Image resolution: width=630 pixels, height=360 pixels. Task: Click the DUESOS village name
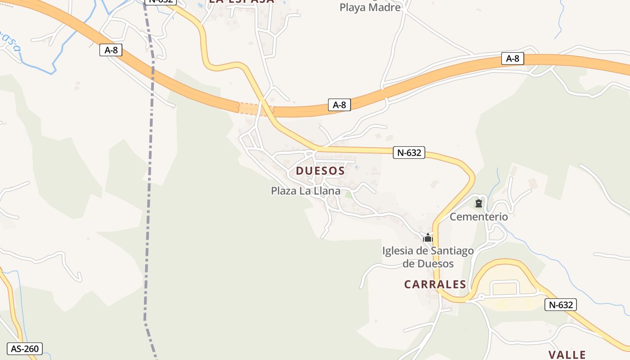click(x=320, y=171)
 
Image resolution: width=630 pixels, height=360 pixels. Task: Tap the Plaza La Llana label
click(x=305, y=191)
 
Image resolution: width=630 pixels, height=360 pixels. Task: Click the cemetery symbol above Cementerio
click(x=478, y=204)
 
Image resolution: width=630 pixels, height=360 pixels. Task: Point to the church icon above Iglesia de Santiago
click(x=427, y=237)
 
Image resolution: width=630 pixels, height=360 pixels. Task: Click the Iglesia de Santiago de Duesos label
click(x=427, y=257)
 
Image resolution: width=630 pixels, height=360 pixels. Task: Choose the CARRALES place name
click(x=435, y=284)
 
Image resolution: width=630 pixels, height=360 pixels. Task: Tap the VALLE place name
click(x=567, y=355)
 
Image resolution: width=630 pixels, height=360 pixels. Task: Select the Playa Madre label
click(x=370, y=7)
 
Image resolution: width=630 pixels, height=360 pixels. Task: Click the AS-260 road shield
click(x=25, y=348)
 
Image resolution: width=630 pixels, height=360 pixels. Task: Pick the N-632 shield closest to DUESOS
click(x=409, y=153)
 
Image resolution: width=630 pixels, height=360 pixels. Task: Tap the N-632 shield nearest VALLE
click(x=560, y=305)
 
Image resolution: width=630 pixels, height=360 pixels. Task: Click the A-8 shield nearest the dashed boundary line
click(x=111, y=50)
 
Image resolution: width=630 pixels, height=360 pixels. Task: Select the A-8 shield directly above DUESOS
click(x=339, y=105)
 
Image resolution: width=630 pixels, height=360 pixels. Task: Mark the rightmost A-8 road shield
click(x=513, y=58)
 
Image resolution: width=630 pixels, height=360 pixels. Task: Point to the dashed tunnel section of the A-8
click(x=250, y=108)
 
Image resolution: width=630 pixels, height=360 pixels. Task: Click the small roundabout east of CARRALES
click(x=481, y=297)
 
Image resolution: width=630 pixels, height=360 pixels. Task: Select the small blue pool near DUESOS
click(x=357, y=167)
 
